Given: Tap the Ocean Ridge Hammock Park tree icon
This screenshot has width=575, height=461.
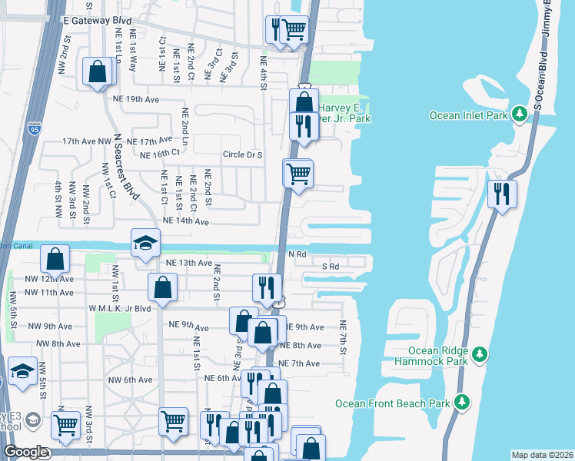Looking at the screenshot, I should (480, 353).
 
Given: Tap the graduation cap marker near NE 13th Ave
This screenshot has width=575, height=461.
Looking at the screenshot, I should (145, 243).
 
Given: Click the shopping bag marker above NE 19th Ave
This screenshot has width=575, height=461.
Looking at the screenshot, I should (98, 71).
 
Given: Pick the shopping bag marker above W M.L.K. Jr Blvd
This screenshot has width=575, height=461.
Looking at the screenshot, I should (163, 289).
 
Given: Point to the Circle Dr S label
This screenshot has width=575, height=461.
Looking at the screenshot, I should (242, 154).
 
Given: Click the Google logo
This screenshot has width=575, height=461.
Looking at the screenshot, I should (25, 452).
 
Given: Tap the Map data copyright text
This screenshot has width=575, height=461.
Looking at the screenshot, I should (541, 455).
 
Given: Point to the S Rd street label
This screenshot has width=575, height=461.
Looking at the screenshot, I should (331, 267).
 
